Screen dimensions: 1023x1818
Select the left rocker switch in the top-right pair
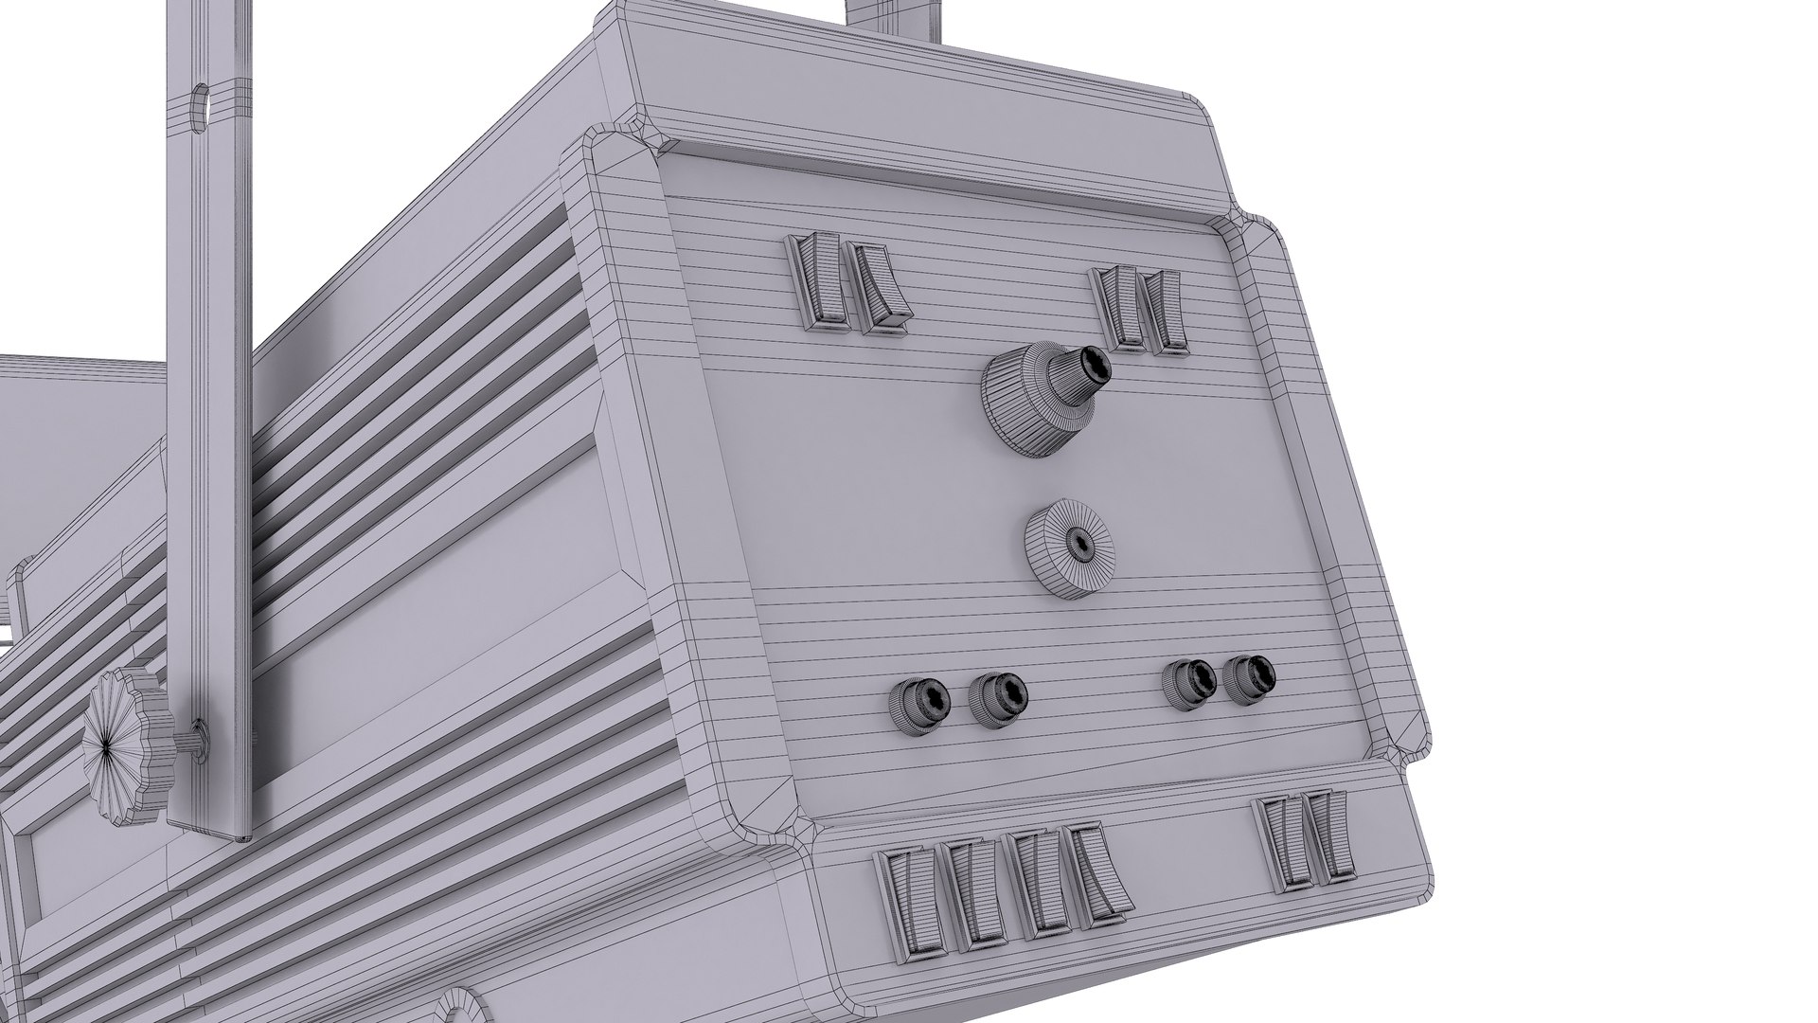[1118, 308]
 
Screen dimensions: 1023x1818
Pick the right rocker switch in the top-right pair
[1162, 314]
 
